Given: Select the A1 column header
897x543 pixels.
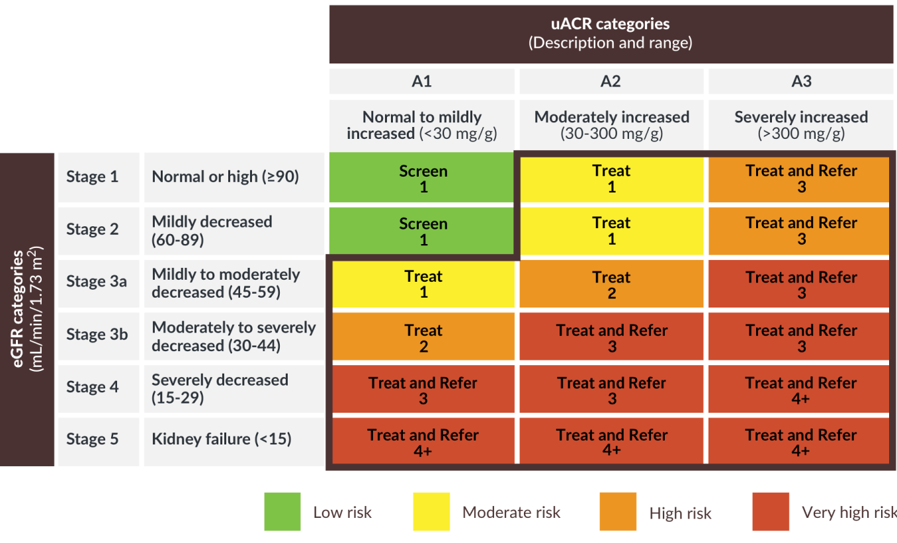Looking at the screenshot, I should click(421, 81).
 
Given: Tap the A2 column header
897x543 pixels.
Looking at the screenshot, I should click(611, 81).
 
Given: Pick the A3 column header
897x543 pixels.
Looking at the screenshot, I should click(801, 81).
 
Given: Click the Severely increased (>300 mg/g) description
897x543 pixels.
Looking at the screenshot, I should click(801, 124).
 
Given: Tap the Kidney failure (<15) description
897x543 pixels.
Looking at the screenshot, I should click(221, 439).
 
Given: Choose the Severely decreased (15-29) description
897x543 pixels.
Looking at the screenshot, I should click(220, 388).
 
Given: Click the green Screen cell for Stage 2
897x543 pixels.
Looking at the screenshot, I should click(422, 231).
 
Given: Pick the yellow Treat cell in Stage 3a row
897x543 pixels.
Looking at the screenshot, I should click(423, 284).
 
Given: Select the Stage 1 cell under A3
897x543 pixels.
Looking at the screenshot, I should click(800, 178).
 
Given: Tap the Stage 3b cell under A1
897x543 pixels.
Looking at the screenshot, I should click(423, 337).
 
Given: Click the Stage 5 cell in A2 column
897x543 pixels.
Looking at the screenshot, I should click(611, 442).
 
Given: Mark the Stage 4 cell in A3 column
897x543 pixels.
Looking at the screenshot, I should click(800, 390).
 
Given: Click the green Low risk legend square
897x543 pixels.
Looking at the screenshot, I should click(282, 511).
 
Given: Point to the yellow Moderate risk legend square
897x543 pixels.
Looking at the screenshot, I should click(431, 511).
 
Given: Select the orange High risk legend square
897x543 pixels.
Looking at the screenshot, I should click(617, 511).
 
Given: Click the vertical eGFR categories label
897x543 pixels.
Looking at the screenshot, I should click(27, 310).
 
